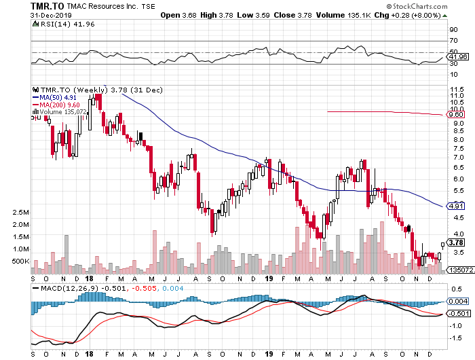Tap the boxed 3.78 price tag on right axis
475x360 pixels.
456,242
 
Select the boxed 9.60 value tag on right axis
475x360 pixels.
456,115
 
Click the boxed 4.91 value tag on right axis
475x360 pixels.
456,204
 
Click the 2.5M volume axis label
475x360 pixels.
20,213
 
